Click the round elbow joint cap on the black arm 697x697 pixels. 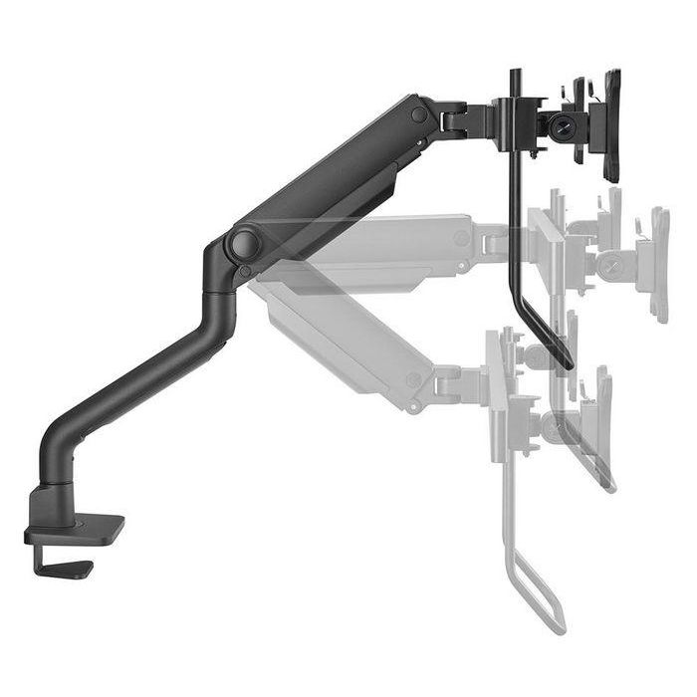(243, 244)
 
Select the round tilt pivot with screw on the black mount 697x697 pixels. (564, 126)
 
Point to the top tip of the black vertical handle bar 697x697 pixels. (516, 73)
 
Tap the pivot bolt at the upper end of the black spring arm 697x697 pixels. (419, 116)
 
